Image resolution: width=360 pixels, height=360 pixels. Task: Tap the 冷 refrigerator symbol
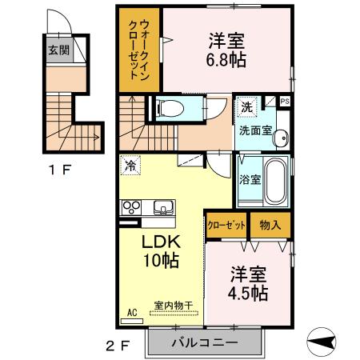click(x=129, y=166)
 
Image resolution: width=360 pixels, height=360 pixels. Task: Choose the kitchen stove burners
click(x=130, y=207)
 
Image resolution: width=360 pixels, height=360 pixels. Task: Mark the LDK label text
click(x=160, y=242)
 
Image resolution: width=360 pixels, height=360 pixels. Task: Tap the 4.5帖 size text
click(x=246, y=294)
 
